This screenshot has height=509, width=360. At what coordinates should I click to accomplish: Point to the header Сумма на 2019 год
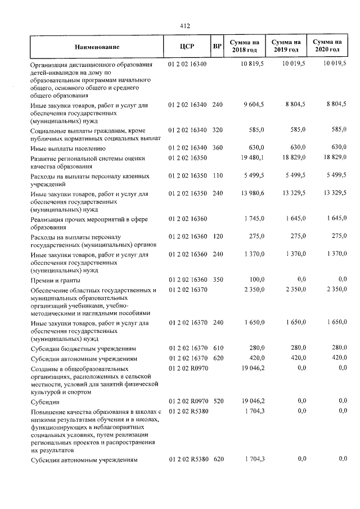tap(285, 47)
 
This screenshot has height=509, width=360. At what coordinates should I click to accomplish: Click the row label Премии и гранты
tap(55, 280)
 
